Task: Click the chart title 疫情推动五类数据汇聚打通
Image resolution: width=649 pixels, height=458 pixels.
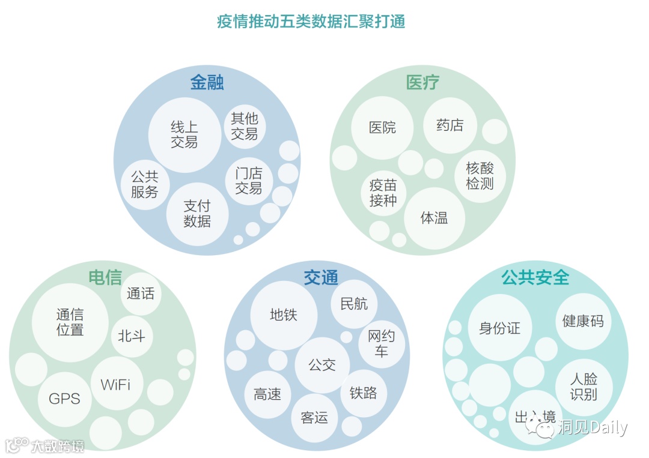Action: (x=311, y=22)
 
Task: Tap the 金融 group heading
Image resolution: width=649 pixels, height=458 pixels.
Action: (x=207, y=82)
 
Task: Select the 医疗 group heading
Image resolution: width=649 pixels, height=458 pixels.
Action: (x=422, y=82)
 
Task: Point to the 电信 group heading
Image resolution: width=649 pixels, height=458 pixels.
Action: (x=105, y=277)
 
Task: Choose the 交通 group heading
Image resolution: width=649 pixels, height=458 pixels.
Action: (x=320, y=277)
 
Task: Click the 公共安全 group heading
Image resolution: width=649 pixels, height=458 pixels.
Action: (x=535, y=277)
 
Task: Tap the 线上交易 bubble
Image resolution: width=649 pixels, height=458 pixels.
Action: (x=184, y=134)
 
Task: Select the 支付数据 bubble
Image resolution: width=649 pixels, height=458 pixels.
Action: (x=197, y=214)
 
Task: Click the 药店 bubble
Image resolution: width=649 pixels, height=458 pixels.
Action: (x=449, y=125)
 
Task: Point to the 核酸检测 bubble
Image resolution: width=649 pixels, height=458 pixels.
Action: (x=480, y=176)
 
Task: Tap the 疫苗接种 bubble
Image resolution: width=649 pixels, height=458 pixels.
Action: (x=383, y=193)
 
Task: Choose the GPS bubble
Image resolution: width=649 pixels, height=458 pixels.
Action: (x=64, y=399)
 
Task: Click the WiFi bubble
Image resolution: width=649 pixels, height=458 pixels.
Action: (x=115, y=384)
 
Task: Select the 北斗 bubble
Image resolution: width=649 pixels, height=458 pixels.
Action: (x=132, y=336)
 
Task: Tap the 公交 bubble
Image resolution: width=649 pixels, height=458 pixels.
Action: (x=321, y=364)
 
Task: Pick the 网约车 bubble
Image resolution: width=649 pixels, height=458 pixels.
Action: (x=381, y=344)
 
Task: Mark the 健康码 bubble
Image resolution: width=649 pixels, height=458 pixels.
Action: (x=582, y=321)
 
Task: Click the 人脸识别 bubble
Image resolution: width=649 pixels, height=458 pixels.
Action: (x=583, y=387)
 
